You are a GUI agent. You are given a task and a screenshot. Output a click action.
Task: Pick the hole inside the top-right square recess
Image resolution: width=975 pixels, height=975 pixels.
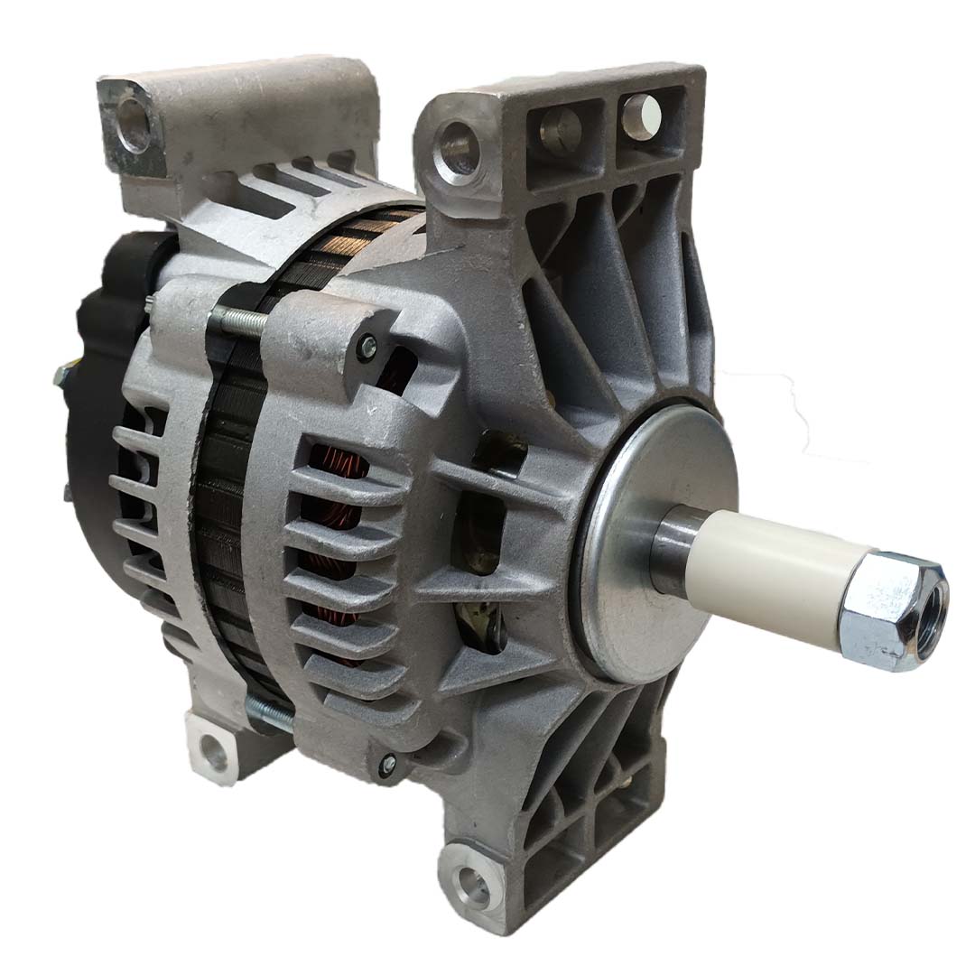coord(639,112)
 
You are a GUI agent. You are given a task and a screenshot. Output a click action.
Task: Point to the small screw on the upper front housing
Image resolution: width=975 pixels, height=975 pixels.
coord(367,343)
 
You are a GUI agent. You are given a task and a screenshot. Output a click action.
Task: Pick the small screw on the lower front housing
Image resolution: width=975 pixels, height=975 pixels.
coord(388,764)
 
